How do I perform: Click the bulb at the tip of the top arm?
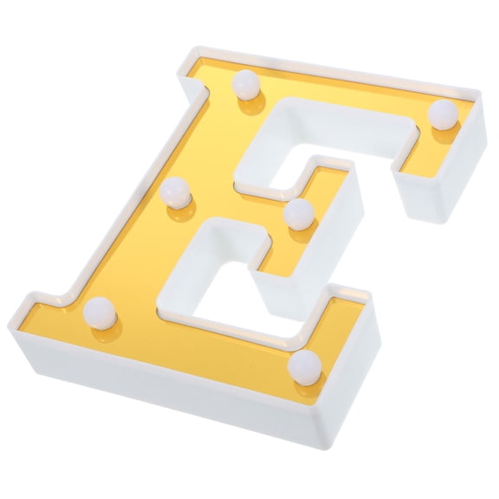coord(443,113)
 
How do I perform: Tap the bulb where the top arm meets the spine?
coord(246,84)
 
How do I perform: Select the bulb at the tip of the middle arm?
coord(299,213)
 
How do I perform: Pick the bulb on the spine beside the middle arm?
coord(177,191)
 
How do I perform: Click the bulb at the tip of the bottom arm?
coord(305,366)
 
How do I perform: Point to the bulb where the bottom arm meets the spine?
coord(100,312)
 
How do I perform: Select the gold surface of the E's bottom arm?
coord(217,334)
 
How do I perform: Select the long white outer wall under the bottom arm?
coord(173,381)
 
